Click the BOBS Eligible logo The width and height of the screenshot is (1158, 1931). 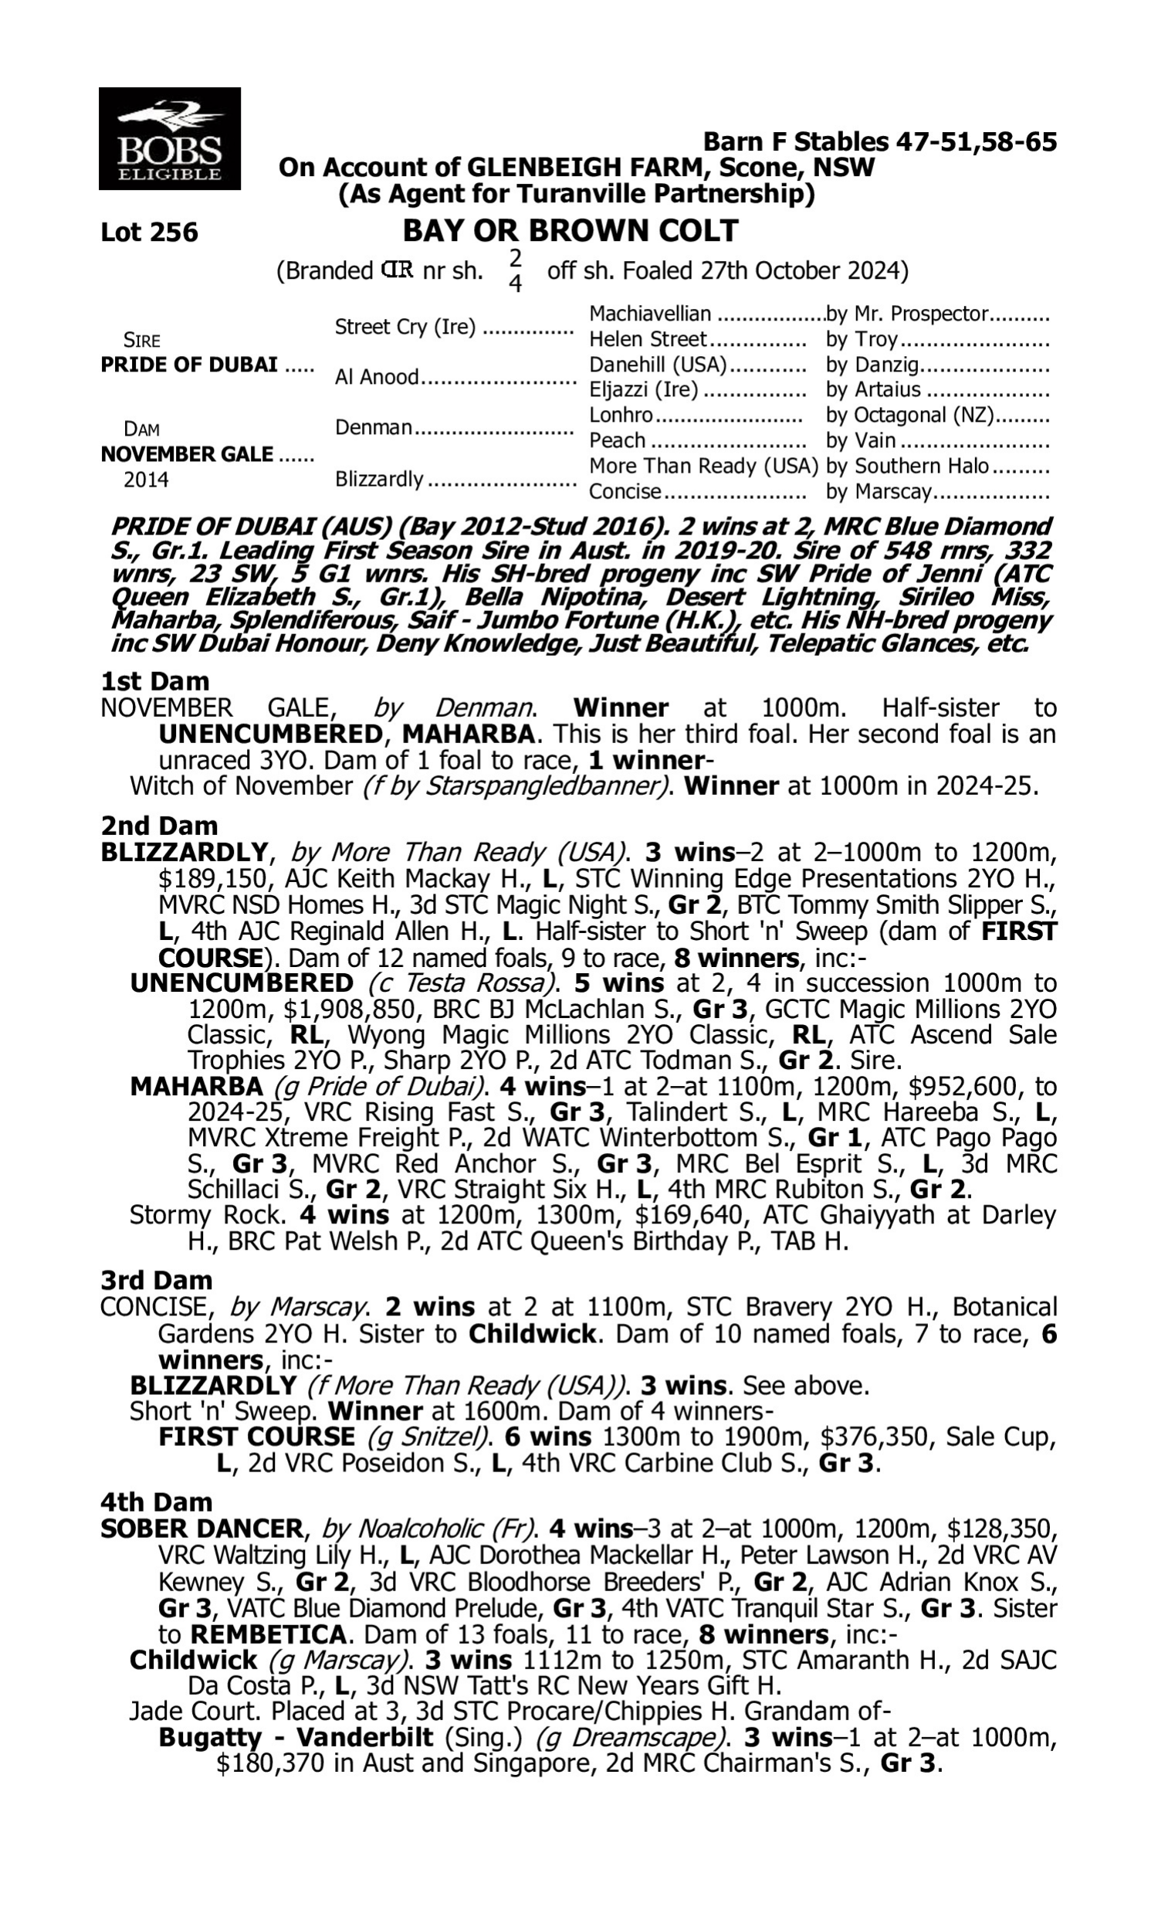(169, 139)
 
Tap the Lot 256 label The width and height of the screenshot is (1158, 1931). (149, 232)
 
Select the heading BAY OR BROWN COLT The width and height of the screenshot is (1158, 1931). (570, 231)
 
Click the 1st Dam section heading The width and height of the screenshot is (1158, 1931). (154, 681)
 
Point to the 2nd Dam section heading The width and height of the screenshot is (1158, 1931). (159, 826)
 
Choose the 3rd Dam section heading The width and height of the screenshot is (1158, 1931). (156, 1281)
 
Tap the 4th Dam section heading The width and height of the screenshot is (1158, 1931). (156, 1502)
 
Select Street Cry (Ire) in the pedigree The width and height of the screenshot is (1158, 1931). (405, 327)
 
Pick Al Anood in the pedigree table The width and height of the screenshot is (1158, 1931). (377, 378)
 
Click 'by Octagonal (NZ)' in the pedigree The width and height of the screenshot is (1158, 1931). (909, 416)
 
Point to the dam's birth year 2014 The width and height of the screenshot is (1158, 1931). (146, 480)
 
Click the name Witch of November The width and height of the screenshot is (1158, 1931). (241, 786)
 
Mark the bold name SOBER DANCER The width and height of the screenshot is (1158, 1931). (201, 1529)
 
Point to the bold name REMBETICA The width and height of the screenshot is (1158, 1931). (269, 1634)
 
